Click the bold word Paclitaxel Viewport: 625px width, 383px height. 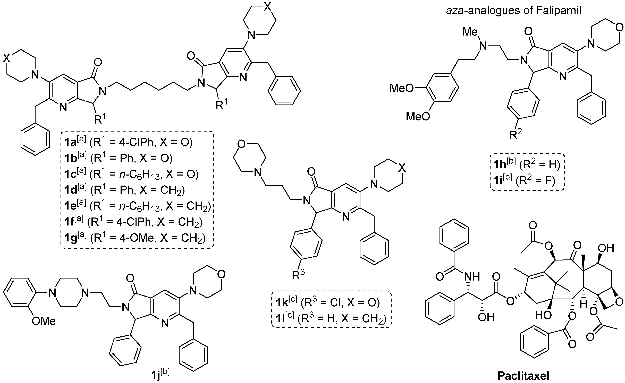[523, 376]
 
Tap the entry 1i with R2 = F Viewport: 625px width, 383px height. [524, 180]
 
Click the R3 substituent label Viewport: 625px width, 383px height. [298, 275]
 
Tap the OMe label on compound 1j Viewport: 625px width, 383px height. [44, 321]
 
